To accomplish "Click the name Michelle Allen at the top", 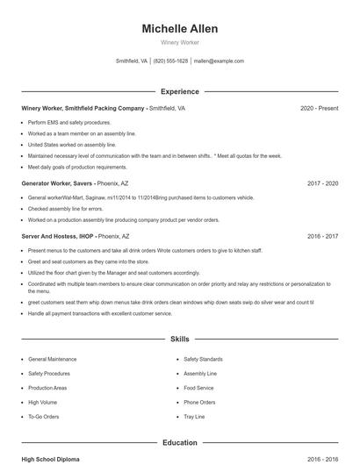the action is [180, 29].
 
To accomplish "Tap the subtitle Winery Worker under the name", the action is [180, 43].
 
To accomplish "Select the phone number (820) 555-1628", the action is [170, 61].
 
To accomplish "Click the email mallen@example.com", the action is [219, 61].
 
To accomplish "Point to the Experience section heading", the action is [180, 91].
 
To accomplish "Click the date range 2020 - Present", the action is [319, 108].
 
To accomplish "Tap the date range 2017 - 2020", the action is [322, 183].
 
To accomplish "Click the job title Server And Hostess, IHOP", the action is [58, 236].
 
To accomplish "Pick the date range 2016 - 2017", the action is [322, 236].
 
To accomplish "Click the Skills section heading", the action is [180, 338].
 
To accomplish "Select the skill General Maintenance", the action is [52, 360].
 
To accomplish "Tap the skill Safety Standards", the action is [204, 360].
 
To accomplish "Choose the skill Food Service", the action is [198, 388].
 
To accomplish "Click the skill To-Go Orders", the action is [44, 416].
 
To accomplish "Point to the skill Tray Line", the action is [194, 416].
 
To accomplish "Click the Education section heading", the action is [180, 442].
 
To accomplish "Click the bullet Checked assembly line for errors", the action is [65, 209].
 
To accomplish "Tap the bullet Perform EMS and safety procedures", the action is [69, 123].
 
